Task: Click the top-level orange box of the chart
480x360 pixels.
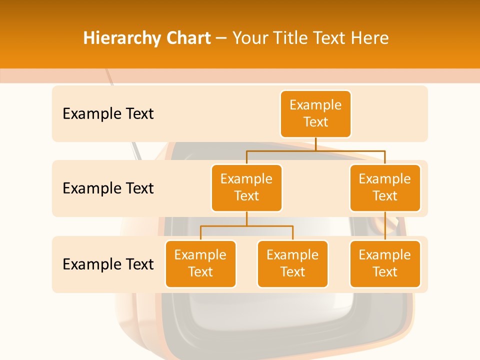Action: tap(315, 113)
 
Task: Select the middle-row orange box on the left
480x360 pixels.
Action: tap(246, 187)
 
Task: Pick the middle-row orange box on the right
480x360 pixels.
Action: tap(385, 187)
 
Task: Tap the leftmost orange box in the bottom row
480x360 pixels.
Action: tap(200, 263)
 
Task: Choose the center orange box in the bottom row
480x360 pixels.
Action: tap(292, 263)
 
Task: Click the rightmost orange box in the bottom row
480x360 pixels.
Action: tap(385, 263)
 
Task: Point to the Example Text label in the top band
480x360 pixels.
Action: tap(108, 113)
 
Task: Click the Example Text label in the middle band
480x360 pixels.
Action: tap(108, 188)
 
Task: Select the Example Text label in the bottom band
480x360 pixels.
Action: tap(108, 264)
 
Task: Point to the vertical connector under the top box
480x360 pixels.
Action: tap(315, 143)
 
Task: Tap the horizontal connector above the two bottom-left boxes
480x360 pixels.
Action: tap(246, 226)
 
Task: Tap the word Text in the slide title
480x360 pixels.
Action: tap(330, 38)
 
